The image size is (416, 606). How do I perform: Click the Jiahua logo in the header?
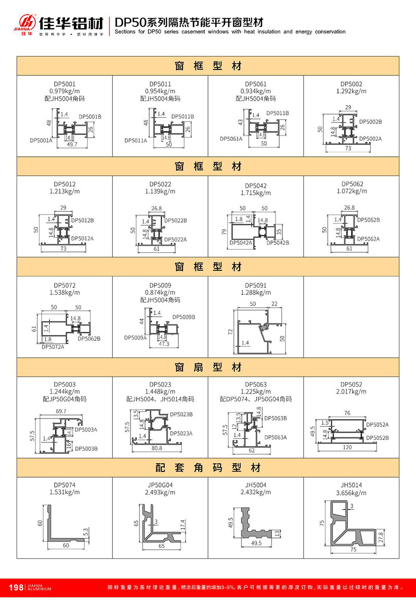coord(26,22)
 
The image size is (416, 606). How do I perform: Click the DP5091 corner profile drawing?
coord(258,327)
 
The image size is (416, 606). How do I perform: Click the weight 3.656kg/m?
coord(352,492)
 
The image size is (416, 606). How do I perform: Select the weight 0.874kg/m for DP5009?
coord(160,293)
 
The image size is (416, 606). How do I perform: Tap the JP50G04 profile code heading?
coord(160,484)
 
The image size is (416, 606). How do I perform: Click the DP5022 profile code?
coord(160,184)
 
